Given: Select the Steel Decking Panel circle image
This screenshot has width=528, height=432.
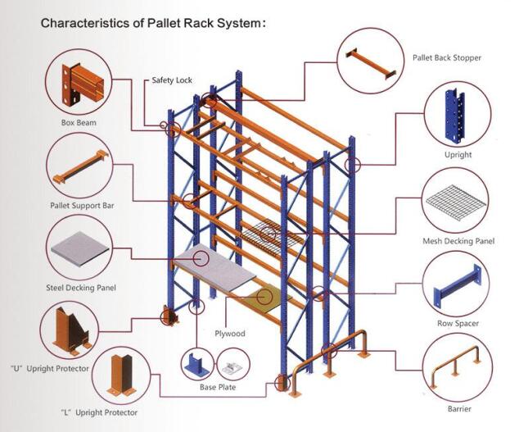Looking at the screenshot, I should pyautogui.click(x=79, y=250).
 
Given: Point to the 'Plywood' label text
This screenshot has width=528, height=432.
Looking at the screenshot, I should pyautogui.click(x=230, y=334).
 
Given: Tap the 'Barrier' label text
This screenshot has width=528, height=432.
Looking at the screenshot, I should pyautogui.click(x=459, y=407).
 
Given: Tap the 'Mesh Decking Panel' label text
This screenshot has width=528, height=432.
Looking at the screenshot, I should pyautogui.click(x=458, y=241).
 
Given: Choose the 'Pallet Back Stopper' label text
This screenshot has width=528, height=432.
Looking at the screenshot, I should pyautogui.click(x=446, y=58).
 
